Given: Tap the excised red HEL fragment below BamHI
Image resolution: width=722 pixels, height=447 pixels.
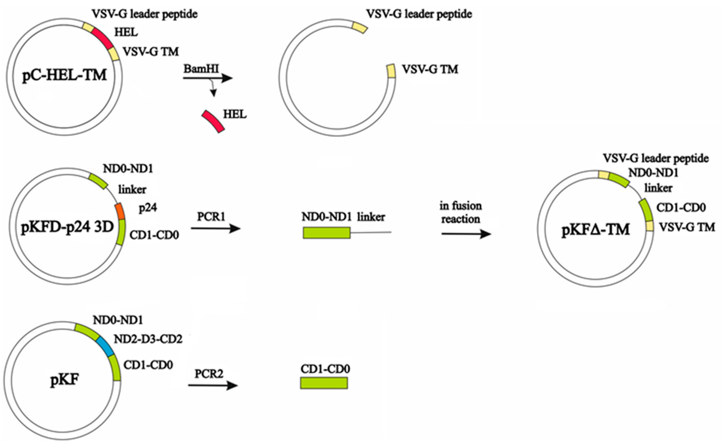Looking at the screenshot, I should [x=213, y=121].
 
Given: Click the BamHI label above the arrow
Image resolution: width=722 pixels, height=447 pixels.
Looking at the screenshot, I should [x=201, y=69].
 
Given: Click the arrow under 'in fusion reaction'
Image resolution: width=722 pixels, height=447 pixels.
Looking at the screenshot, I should [x=466, y=234].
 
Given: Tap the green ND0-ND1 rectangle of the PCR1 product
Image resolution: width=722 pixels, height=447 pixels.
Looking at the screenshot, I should [x=327, y=233].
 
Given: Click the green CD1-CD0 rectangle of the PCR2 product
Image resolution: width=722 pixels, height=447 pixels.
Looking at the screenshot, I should [x=324, y=383].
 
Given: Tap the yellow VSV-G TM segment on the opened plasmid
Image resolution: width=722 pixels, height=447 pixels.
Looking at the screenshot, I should [x=391, y=71].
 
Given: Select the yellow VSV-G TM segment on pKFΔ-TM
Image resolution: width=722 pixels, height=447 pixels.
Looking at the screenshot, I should [x=650, y=226].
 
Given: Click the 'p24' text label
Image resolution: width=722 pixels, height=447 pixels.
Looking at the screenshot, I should [x=148, y=208].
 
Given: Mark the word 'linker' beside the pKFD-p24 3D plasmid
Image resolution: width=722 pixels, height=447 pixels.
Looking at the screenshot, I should [x=132, y=189].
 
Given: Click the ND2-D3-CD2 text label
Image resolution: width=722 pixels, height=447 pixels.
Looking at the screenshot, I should [x=148, y=339].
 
